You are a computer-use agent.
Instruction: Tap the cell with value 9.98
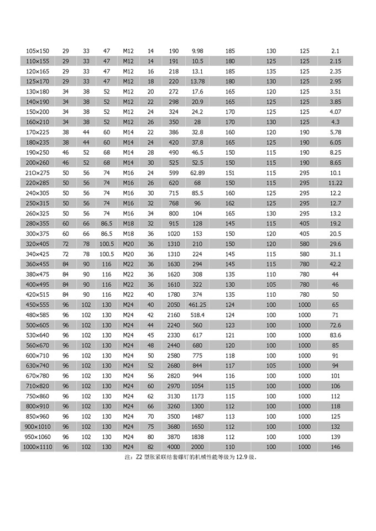point(197,51)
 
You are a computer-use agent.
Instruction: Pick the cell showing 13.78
point(197,81)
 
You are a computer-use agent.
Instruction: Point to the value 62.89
point(197,173)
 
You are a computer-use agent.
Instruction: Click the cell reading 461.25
point(197,304)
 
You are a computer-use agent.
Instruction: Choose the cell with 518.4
point(197,315)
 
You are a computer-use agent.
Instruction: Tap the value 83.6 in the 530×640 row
point(335,335)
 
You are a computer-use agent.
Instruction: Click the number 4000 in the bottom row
point(173,447)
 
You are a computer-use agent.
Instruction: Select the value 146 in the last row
point(335,447)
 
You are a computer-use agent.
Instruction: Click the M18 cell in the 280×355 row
point(128,223)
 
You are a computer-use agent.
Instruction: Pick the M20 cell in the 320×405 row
point(128,244)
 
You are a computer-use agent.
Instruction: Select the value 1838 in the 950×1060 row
point(197,437)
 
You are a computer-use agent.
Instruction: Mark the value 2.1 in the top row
point(335,51)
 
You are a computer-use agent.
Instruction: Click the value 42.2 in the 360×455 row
point(335,264)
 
